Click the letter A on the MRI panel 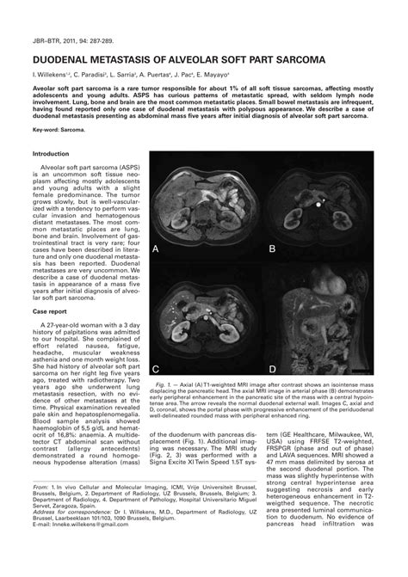coord(157,248)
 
